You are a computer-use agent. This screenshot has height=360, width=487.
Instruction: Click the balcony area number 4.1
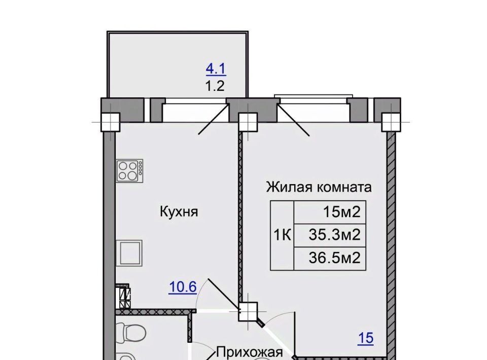(x=216, y=69)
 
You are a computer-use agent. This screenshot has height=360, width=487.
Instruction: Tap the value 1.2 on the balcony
(x=215, y=86)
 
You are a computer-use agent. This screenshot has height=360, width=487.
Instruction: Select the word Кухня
(x=179, y=212)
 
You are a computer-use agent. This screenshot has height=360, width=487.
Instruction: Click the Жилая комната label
(x=319, y=187)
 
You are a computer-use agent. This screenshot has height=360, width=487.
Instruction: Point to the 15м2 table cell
(x=330, y=212)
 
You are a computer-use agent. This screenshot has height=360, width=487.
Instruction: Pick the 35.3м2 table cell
(x=330, y=235)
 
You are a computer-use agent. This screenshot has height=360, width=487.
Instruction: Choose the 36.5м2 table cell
(x=330, y=258)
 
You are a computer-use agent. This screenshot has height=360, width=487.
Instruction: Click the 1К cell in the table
(x=282, y=235)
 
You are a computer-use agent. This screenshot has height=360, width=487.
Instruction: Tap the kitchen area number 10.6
(x=183, y=287)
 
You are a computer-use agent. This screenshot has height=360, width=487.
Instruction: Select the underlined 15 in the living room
(x=366, y=338)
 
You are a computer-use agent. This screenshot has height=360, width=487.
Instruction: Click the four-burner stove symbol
(x=129, y=171)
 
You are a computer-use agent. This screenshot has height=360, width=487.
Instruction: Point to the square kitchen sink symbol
(x=129, y=253)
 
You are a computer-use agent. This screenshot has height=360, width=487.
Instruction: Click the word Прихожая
(x=250, y=352)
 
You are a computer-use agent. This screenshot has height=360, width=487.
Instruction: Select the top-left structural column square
(x=110, y=122)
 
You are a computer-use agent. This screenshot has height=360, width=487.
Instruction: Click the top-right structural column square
(x=391, y=122)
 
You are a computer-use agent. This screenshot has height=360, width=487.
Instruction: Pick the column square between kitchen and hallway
(x=248, y=312)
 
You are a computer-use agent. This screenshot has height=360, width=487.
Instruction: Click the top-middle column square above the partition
(x=248, y=122)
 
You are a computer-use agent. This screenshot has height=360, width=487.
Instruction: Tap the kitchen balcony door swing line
(x=214, y=119)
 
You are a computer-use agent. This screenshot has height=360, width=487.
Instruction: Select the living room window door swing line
(x=294, y=120)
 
